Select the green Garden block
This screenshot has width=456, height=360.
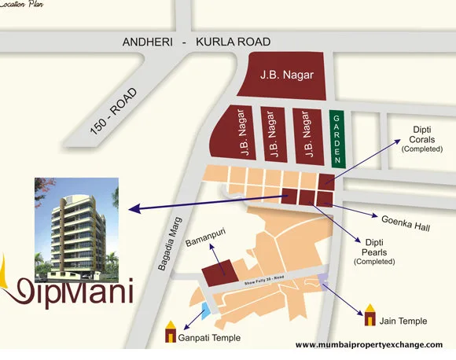(336, 139)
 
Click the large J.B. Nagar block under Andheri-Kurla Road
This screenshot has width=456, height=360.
(286, 76)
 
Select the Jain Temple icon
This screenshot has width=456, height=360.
(370, 317)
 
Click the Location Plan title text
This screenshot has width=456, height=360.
(24, 4)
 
